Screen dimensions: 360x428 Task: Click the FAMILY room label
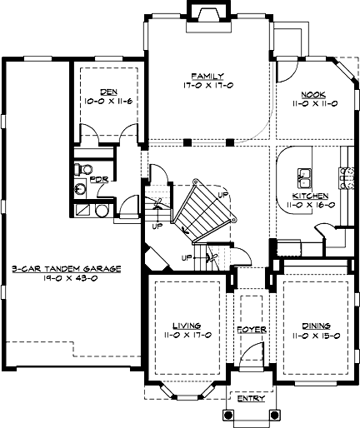[x=207, y=76]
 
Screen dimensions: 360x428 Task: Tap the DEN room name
[x=108, y=92]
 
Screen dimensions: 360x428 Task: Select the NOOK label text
[x=313, y=95]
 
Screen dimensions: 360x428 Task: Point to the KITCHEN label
[x=310, y=196]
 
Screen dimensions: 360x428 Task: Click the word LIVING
[x=187, y=326]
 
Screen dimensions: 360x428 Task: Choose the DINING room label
[x=316, y=326]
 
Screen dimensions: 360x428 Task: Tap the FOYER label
[x=252, y=330]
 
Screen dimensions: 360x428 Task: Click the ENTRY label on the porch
[x=252, y=399]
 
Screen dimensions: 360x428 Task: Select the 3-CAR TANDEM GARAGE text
[x=67, y=269]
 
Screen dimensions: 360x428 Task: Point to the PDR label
[x=99, y=180]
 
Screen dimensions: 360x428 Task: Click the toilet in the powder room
[x=83, y=169]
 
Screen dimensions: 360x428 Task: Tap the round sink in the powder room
[x=81, y=189]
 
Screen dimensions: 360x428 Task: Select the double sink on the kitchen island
[x=305, y=178]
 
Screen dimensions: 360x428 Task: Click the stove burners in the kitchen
[x=347, y=178]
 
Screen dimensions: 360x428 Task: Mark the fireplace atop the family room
[x=208, y=16]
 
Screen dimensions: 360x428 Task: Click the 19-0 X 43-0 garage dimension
[x=70, y=278]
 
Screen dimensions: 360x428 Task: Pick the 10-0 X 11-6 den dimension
[x=108, y=101]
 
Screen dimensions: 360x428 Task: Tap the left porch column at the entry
[x=228, y=416]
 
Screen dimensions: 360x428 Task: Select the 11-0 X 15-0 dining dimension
[x=316, y=336]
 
